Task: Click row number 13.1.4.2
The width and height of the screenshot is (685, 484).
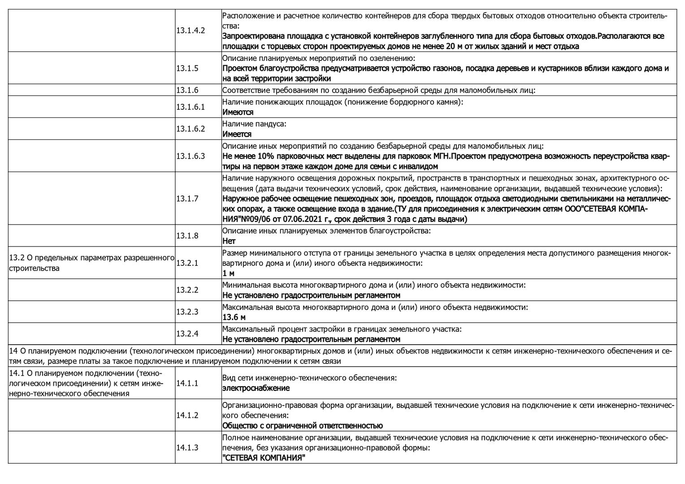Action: coord(191,30)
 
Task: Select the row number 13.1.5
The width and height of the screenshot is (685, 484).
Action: coord(187,68)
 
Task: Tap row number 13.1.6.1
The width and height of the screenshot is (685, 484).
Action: coord(191,107)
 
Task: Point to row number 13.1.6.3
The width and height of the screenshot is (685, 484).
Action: coord(191,156)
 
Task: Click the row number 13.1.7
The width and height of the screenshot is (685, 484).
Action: coord(187,198)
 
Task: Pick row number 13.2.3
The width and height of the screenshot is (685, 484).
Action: coord(187,312)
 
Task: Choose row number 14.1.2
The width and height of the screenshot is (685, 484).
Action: coord(187,415)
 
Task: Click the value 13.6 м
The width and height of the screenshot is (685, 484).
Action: coord(234,317)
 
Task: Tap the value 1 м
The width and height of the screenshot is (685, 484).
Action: coord(228,273)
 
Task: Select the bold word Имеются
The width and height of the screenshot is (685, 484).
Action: coord(238,112)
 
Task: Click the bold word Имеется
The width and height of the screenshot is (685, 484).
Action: coord(237,134)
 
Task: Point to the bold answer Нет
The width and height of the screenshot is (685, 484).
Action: coord(229,241)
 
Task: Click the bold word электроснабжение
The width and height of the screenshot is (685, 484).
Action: coord(256,388)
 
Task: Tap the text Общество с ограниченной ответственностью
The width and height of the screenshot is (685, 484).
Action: coord(303,426)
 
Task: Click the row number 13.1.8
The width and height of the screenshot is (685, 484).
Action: coord(187,236)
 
